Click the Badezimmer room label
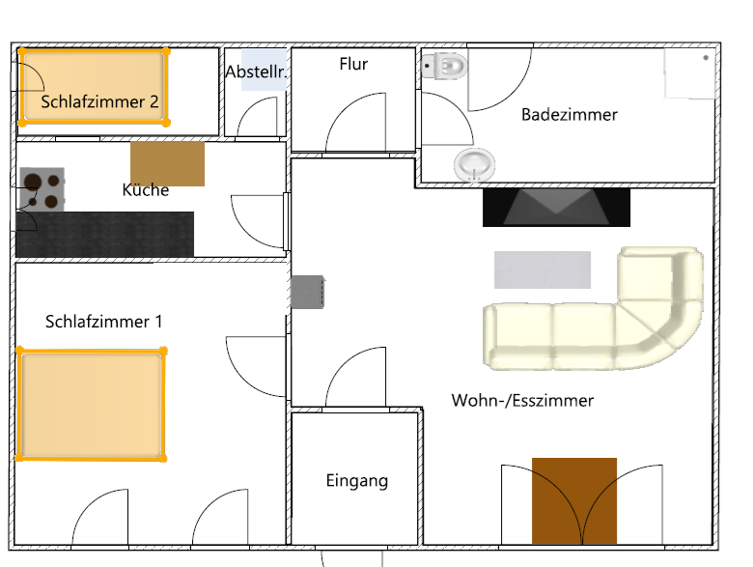(x=569, y=115)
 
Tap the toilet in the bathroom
(x=444, y=66)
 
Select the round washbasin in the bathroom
(x=474, y=165)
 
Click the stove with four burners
(x=42, y=189)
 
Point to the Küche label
(x=146, y=189)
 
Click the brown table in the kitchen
(x=168, y=163)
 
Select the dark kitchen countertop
(x=104, y=234)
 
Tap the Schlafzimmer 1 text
(x=103, y=322)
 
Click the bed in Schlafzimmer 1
(x=92, y=404)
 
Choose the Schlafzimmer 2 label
(x=99, y=101)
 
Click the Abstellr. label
(x=256, y=72)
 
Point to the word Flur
(x=353, y=64)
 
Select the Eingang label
(x=357, y=480)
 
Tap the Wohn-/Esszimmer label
(x=522, y=400)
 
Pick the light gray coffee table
(x=543, y=269)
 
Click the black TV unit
(x=557, y=207)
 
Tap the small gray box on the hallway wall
(x=307, y=292)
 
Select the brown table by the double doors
(x=574, y=500)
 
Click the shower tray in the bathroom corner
(x=690, y=73)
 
